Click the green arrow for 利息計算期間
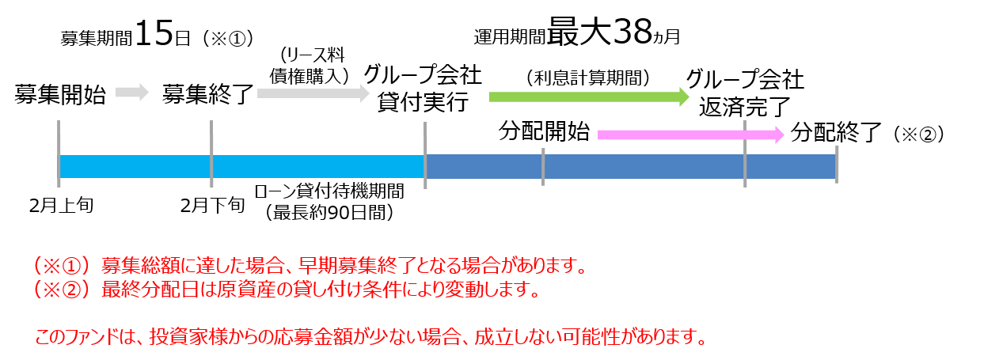tap(589, 97)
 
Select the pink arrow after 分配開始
tap(690, 135)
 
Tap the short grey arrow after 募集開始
tap(132, 93)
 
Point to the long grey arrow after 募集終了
tap(313, 93)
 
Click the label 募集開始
tap(60, 94)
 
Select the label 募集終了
tap(208, 94)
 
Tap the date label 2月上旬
tap(62, 206)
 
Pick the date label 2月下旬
tap(213, 206)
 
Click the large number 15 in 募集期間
tap(154, 33)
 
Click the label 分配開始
tap(544, 131)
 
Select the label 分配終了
tap(836, 132)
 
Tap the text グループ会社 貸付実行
tap(423, 88)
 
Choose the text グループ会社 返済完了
tap(745, 93)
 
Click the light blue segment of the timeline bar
tap(241, 167)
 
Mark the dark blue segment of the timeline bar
tap(630, 167)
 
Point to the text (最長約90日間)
tap(329, 213)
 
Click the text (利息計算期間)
tap(588, 78)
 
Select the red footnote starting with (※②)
tap(287, 290)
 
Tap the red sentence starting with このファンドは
tap(371, 336)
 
